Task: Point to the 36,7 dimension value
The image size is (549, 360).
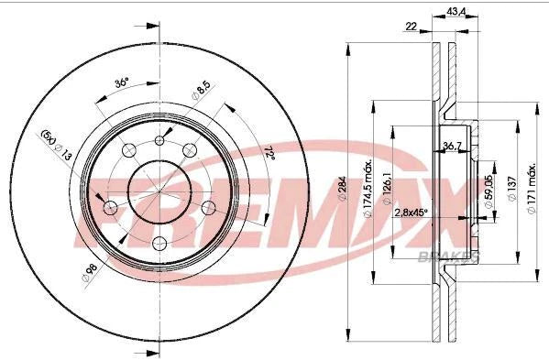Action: [x=450, y=147]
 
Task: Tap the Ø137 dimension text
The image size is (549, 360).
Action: [x=511, y=188]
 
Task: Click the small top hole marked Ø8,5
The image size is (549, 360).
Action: [x=161, y=140]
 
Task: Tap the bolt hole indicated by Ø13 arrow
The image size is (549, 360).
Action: [x=111, y=207]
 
